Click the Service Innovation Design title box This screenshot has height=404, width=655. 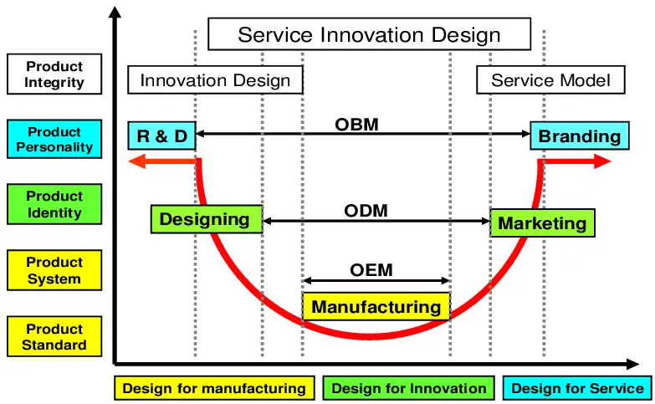click(369, 35)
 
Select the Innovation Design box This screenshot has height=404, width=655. click(215, 80)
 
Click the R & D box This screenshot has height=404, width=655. click(161, 136)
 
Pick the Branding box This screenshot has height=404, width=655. click(579, 136)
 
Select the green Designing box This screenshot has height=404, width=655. click(206, 219)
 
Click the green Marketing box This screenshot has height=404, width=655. click(542, 223)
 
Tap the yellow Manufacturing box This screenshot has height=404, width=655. click(376, 307)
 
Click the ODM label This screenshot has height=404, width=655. click(366, 211)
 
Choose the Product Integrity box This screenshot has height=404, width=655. click(54, 74)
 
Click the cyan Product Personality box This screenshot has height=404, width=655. click(54, 140)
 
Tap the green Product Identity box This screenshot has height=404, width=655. click(54, 205)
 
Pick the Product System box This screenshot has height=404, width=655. click(54, 271)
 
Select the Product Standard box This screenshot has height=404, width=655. click(54, 337)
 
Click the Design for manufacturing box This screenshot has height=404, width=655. click(214, 388)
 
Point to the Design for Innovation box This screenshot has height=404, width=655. click(409, 388)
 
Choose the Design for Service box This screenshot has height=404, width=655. click(577, 388)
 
